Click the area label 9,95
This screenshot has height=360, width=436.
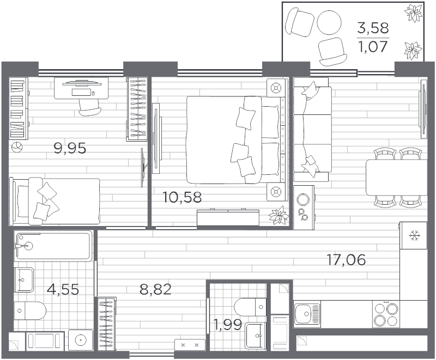coord(70,148)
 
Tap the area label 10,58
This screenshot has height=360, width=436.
coord(182,197)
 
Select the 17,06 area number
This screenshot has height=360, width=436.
coord(346,260)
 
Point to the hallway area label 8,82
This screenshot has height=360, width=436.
coord(155,289)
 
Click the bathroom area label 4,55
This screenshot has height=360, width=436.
coord(63,289)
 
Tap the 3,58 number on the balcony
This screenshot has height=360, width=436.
coord(373,28)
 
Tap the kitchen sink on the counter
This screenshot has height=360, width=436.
coord(306,314)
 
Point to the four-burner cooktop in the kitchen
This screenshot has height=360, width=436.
coord(386,314)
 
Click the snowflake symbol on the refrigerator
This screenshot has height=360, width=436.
coord(415,235)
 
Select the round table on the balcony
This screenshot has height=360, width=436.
coord(328,23)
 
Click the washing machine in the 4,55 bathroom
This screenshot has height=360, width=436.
coord(81,341)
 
